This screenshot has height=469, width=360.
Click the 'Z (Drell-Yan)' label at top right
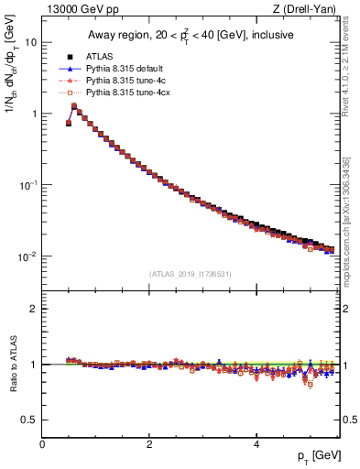coord(309,9)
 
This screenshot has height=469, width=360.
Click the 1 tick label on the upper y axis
coord(34,114)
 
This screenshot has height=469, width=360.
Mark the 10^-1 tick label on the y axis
coord(27,184)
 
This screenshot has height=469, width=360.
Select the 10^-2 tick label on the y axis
coord(27,256)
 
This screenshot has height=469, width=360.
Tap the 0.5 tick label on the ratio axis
coord(30,420)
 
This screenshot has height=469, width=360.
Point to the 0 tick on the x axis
coord(42,443)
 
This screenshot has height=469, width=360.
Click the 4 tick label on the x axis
coord(256,443)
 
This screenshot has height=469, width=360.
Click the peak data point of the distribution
coord(74,106)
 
